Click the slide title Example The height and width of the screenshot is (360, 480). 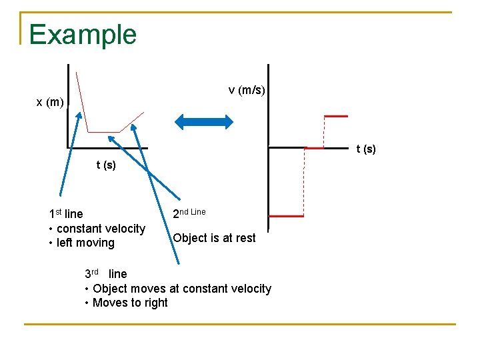tap(83, 35)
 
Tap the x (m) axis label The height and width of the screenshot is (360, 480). tap(50, 102)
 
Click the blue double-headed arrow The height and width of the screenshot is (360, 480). tap(204, 121)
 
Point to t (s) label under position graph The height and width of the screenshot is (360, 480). tap(106, 165)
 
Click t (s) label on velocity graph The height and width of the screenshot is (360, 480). tap(366, 149)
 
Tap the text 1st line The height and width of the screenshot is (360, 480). tap(66, 214)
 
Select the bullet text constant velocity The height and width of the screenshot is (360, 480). tap(101, 229)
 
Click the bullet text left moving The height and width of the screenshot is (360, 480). tap(85, 243)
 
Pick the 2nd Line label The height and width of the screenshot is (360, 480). tap(189, 213)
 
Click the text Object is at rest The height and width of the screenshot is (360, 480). tap(214, 238)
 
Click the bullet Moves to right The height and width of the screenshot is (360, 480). tap(130, 303)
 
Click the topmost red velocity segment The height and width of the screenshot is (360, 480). tap(335, 116)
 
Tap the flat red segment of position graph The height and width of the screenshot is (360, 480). tap(103, 132)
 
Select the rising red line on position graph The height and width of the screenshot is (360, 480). tap(132, 122)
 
